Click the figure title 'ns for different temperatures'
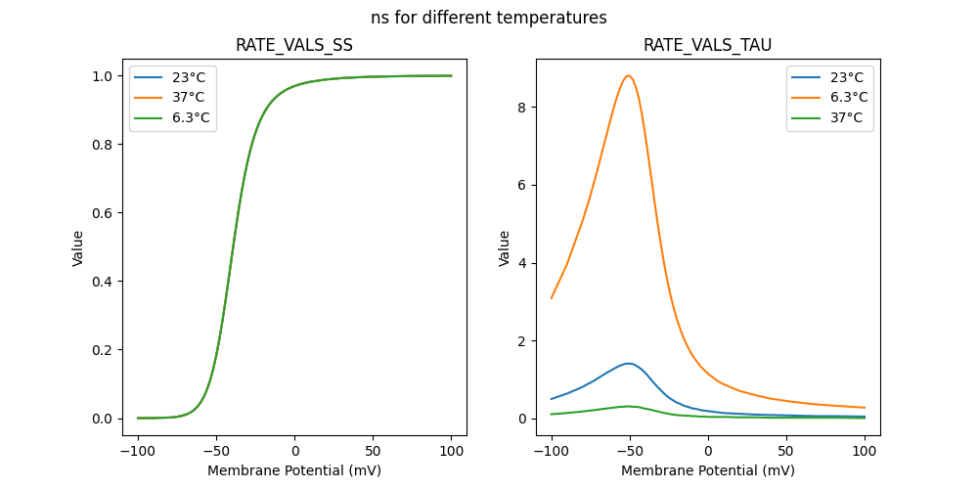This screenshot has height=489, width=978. tap(489, 18)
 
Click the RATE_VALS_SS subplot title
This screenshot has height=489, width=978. tap(294, 46)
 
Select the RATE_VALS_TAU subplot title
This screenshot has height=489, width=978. tap(708, 46)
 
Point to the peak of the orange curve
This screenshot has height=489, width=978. tap(629, 75)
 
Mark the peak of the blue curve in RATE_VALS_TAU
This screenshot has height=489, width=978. tap(629, 364)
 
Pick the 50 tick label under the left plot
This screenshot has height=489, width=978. tap(373, 452)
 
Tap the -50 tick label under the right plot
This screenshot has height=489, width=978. tap(630, 452)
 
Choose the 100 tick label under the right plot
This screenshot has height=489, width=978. tap(865, 452)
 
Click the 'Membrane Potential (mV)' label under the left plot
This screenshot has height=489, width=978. tap(294, 470)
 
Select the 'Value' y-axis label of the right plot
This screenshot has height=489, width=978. tap(505, 248)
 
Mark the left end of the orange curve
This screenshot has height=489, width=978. tap(552, 298)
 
